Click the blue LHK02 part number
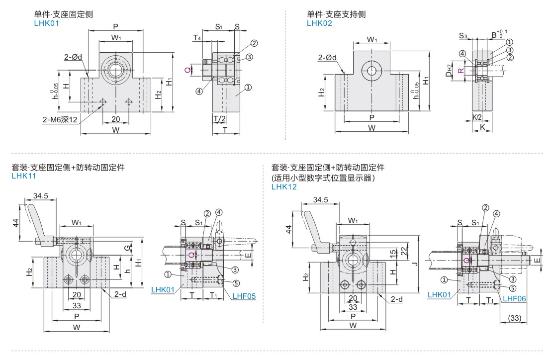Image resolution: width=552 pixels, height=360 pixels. point(320,22)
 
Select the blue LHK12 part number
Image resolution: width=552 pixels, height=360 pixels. point(284,187)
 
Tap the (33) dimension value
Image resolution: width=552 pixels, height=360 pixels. point(515,318)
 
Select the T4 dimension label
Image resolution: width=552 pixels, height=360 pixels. point(197,38)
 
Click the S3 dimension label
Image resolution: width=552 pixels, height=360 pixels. point(463,35)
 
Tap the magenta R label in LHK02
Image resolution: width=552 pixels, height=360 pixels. point(461,70)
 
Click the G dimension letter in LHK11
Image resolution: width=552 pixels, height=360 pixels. point(128,246)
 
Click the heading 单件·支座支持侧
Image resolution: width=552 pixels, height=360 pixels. point(336,14)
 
